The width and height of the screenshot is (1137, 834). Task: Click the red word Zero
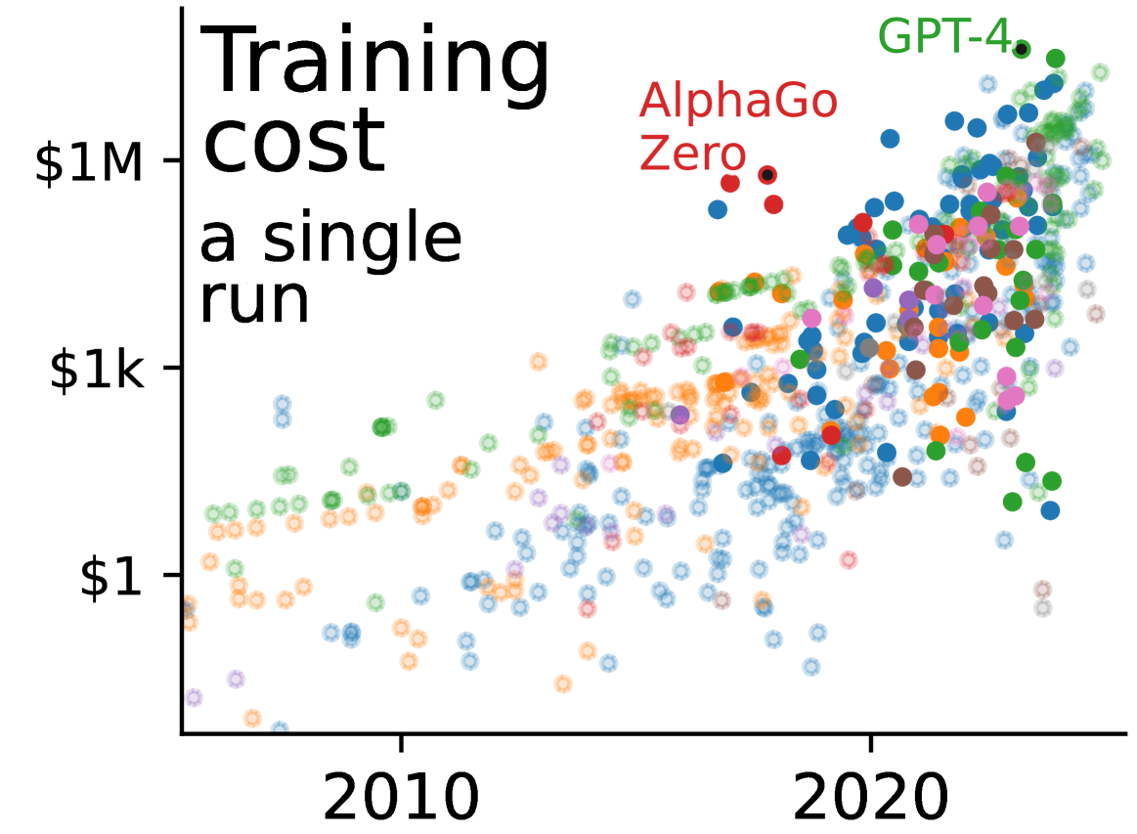(692, 154)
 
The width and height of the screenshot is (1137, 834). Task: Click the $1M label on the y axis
(89, 162)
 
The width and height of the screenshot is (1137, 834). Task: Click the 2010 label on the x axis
(400, 799)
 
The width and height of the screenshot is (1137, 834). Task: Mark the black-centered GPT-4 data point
(1021, 49)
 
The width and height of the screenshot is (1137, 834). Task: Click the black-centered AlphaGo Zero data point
(767, 175)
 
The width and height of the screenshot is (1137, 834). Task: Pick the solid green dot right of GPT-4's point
(1055, 59)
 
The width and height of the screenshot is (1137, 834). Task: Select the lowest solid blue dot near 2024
(1050, 510)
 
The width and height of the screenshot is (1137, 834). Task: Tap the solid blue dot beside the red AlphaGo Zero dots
(718, 209)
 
